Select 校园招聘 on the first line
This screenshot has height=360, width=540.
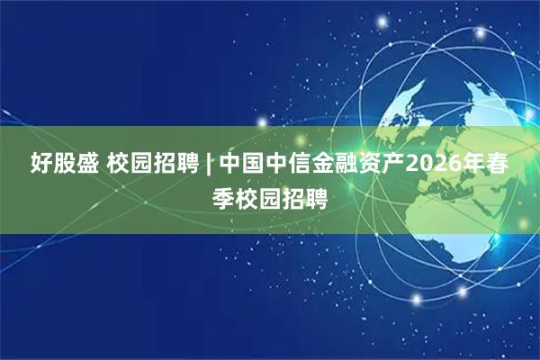tap(150, 164)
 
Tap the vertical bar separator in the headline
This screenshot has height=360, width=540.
tap(208, 164)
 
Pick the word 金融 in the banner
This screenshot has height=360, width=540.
tap(328, 164)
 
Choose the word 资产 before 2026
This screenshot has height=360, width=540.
tap(373, 164)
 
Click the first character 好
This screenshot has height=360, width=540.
tap(41, 164)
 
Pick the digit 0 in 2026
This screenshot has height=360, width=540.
tap(418, 164)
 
